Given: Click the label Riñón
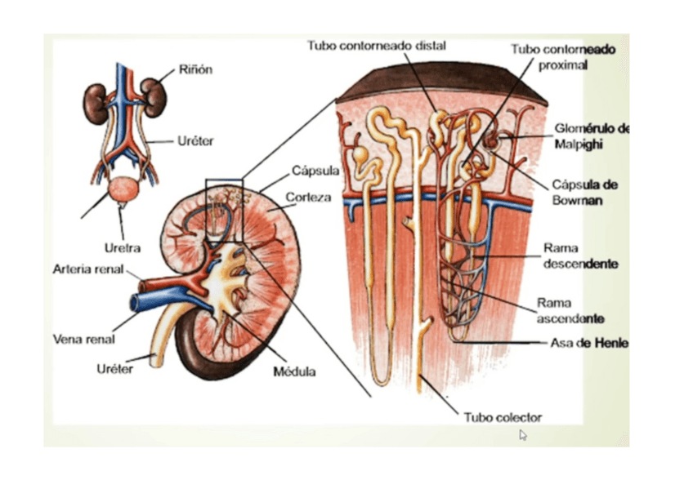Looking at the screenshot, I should [x=195, y=69].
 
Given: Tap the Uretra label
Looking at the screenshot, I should [x=122, y=247].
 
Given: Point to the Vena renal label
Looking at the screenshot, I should [x=83, y=339].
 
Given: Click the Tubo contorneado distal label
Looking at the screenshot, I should [x=376, y=46].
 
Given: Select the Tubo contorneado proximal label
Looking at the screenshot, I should [x=564, y=57].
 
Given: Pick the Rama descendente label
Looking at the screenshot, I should [x=580, y=256].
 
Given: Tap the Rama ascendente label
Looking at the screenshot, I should [x=570, y=310].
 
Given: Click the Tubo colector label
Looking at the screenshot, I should [x=503, y=417].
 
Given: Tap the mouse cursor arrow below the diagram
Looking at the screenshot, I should [x=523, y=435].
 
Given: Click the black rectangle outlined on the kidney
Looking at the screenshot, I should [x=224, y=210].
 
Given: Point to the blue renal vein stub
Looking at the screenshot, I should [x=149, y=303].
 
